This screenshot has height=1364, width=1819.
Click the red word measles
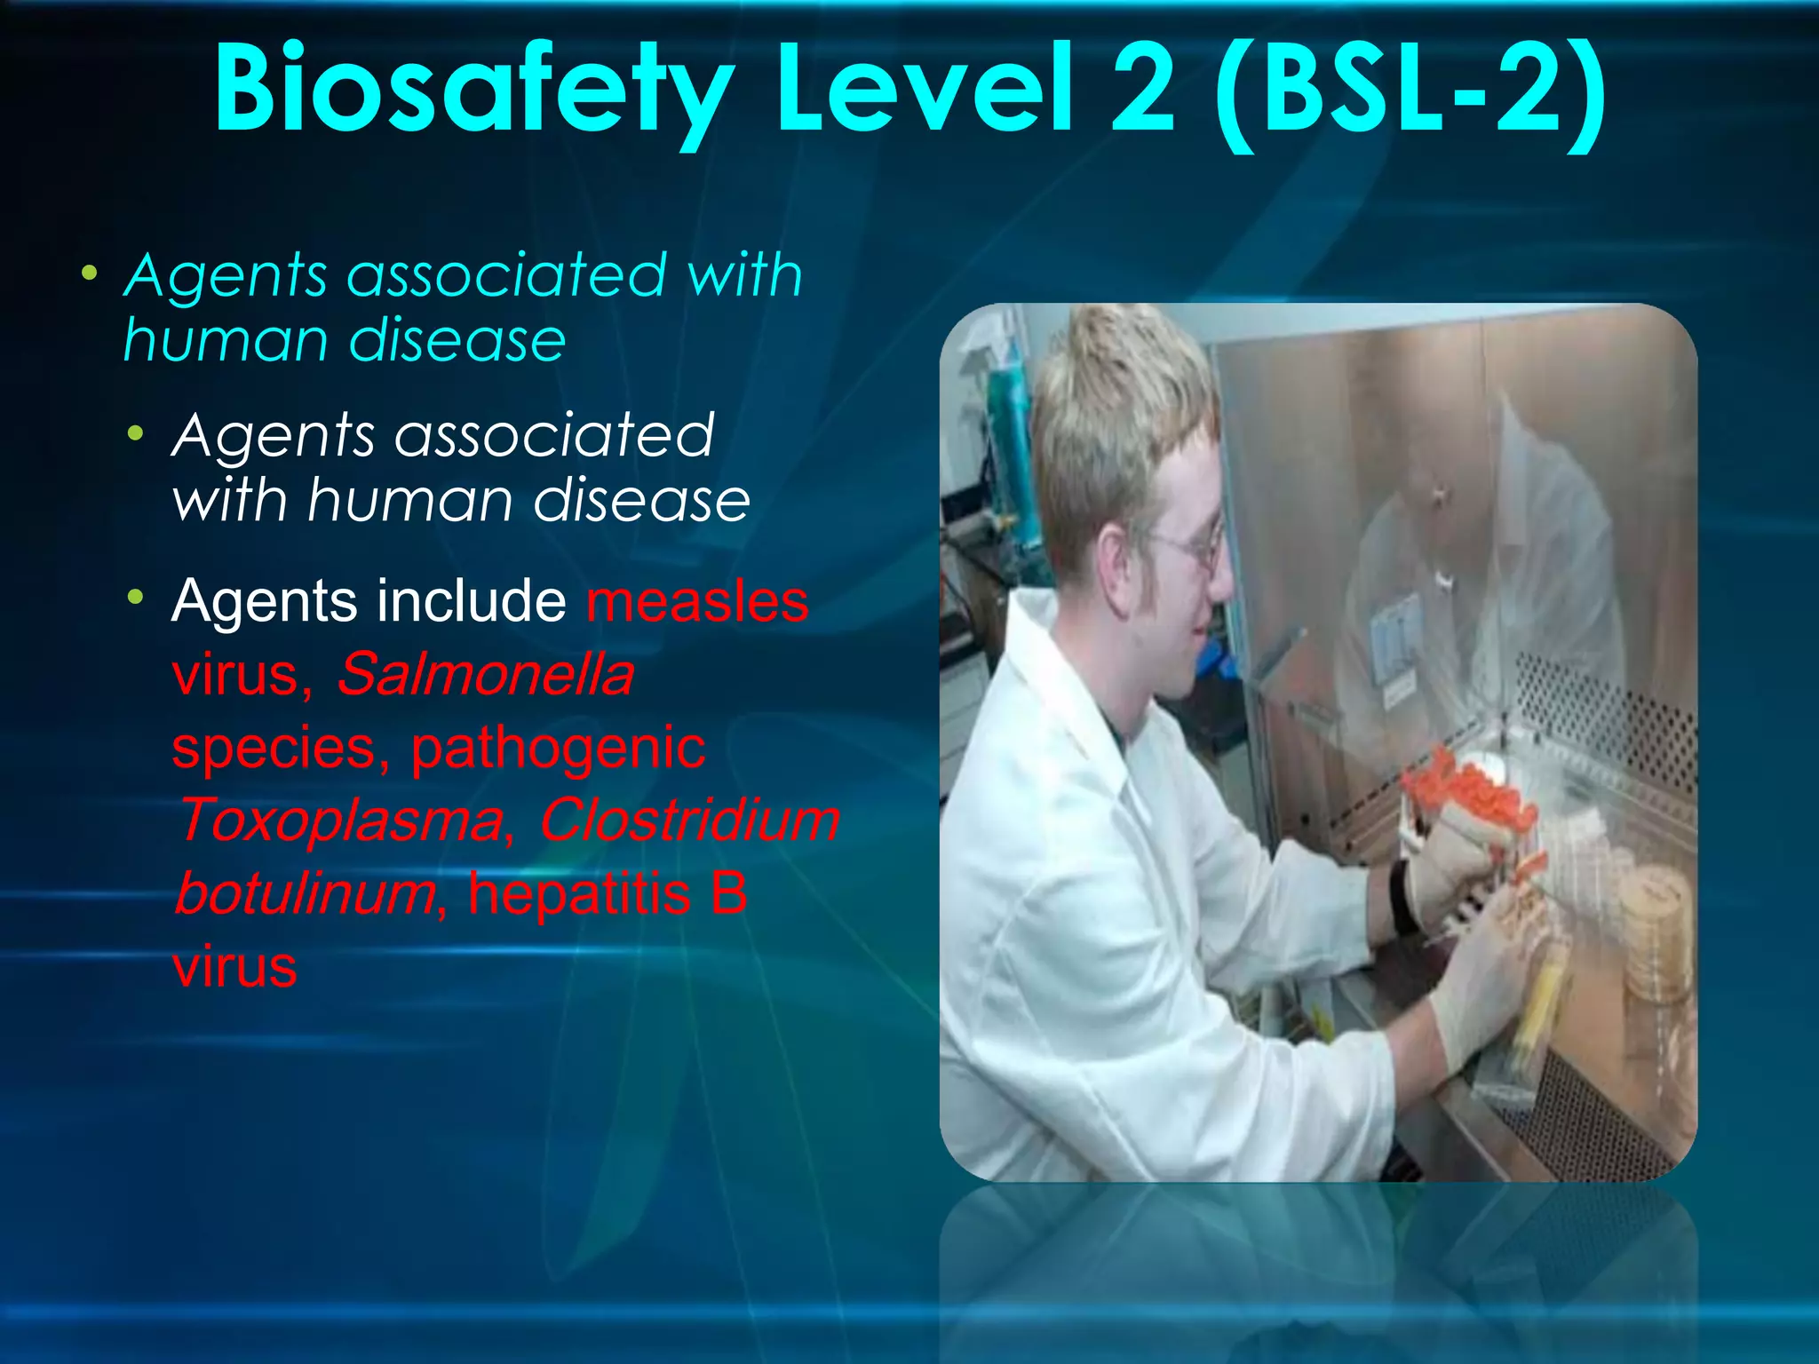[x=697, y=602]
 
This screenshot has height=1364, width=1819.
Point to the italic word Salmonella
[x=485, y=675]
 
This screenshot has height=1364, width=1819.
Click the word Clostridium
[x=689, y=820]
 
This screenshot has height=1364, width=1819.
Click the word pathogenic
[x=558, y=748]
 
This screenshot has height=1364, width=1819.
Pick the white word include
[x=471, y=602]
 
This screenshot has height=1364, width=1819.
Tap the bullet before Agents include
[x=135, y=597]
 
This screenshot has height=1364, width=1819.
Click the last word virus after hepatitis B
[x=234, y=967]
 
